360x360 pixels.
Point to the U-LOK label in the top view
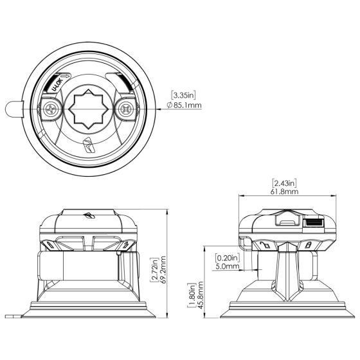(56, 84)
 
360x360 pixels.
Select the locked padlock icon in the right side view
(310, 245)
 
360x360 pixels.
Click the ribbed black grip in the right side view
(313, 223)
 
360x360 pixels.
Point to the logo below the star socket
(88, 143)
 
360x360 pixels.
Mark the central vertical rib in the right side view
(286, 276)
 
